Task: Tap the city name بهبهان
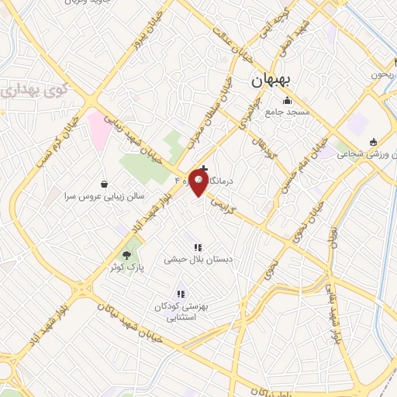click(271, 80)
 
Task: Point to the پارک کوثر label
click(126, 266)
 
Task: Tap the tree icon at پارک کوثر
click(127, 254)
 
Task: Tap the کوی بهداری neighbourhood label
click(32, 91)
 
